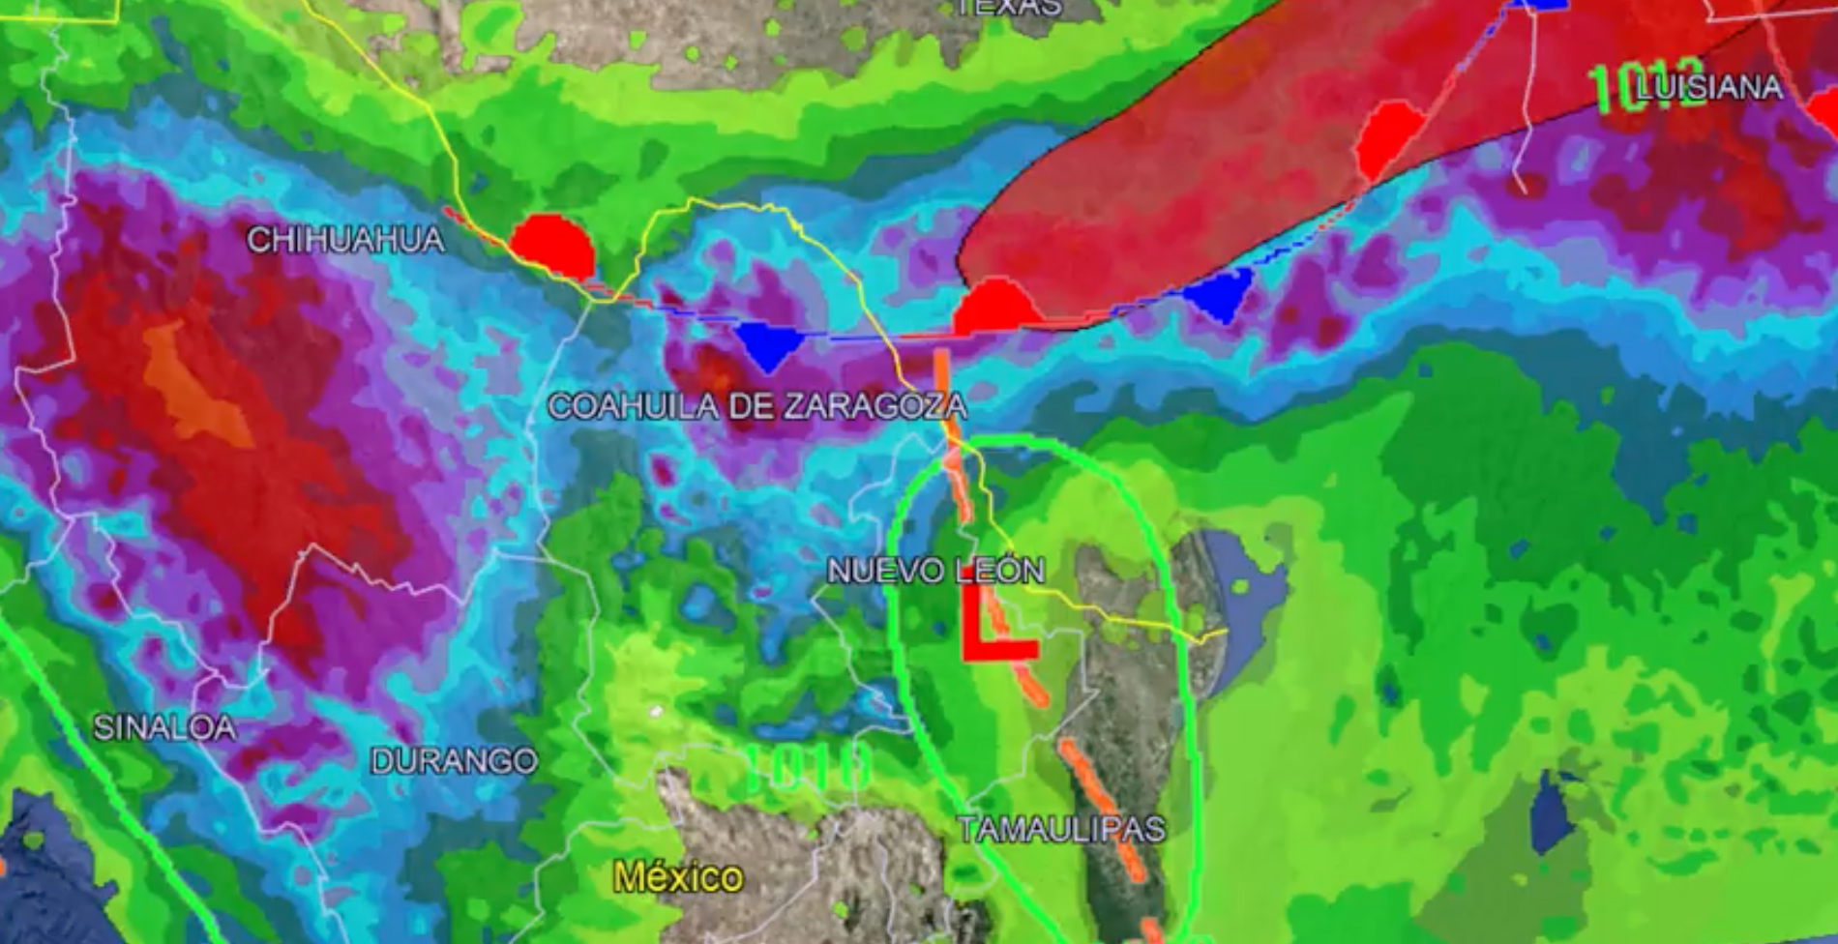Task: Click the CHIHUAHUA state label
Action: click(x=345, y=239)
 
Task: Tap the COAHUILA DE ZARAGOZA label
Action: click(x=756, y=405)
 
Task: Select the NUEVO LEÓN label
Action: click(x=935, y=571)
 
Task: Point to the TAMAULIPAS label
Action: click(x=1061, y=829)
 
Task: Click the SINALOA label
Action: click(x=164, y=727)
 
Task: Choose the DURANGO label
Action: click(x=454, y=761)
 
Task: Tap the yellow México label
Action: click(x=678, y=877)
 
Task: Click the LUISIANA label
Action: click(x=1708, y=88)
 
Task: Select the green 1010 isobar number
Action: click(x=809, y=769)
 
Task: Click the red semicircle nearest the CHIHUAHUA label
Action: click(x=552, y=248)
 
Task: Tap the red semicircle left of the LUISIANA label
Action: click(x=1389, y=140)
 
